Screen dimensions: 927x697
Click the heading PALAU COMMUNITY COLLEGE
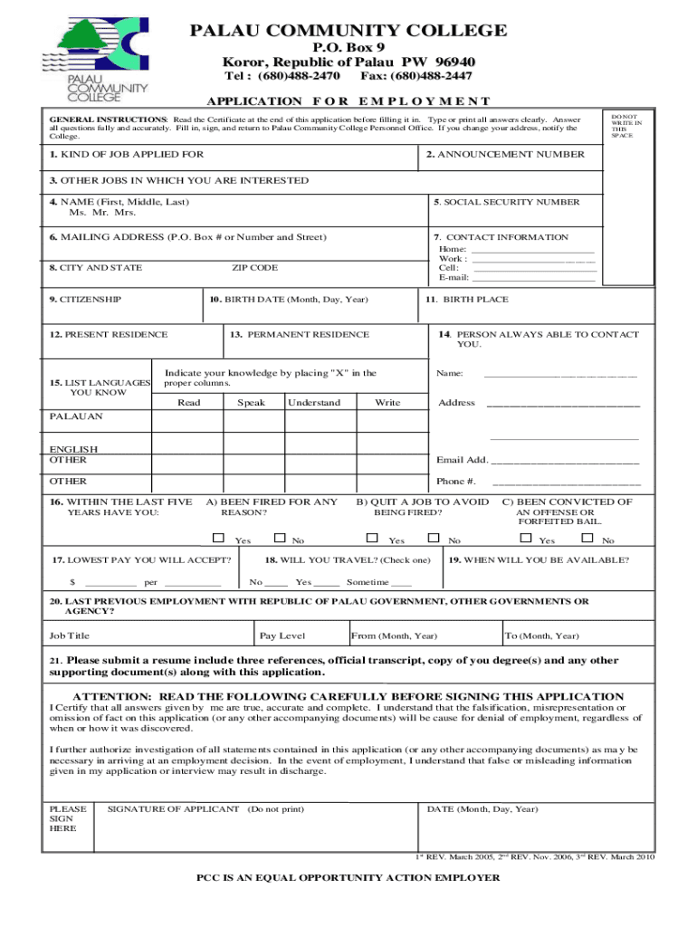click(x=348, y=31)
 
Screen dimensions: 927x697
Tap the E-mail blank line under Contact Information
click(x=534, y=278)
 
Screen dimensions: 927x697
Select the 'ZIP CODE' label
click(x=254, y=268)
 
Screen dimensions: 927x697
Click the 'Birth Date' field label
click(x=289, y=300)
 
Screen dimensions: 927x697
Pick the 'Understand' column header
click(x=315, y=403)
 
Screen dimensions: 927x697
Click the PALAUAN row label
click(x=76, y=416)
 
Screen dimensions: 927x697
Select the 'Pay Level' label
click(x=282, y=636)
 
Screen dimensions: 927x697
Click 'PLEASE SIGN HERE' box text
click(x=68, y=818)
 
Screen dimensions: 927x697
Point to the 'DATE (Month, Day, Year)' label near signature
click(x=482, y=809)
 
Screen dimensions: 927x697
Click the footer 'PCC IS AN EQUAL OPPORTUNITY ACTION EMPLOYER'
click(x=348, y=878)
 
